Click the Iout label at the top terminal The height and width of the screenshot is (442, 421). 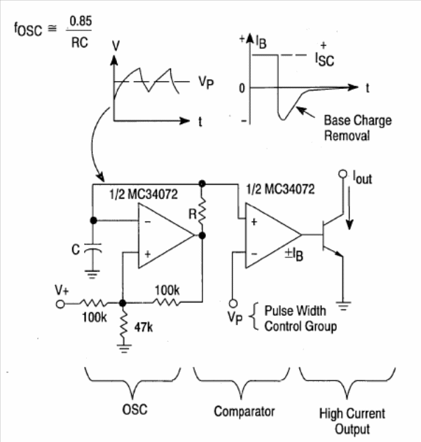point(360,179)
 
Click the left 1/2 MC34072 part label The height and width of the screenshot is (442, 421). point(137,191)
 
